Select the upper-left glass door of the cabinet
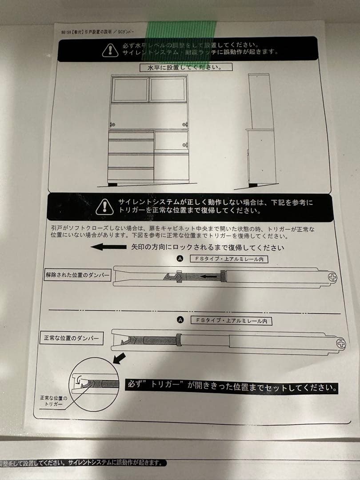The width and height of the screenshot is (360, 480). coord(129,90)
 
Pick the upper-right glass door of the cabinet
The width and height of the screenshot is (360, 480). coord(168,90)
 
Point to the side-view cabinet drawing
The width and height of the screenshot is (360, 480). coord(261,129)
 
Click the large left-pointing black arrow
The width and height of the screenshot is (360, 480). coord(108,247)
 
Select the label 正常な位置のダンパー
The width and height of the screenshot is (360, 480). coord(71,339)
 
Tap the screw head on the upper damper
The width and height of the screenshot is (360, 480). coord(332,278)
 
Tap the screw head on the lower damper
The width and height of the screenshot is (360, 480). coord(341,343)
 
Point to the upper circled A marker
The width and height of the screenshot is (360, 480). coord(180,259)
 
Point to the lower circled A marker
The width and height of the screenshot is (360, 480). coord(180,320)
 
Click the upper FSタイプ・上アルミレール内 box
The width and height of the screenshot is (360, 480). coord(228,259)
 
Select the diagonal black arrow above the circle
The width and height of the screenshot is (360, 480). coord(119,358)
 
